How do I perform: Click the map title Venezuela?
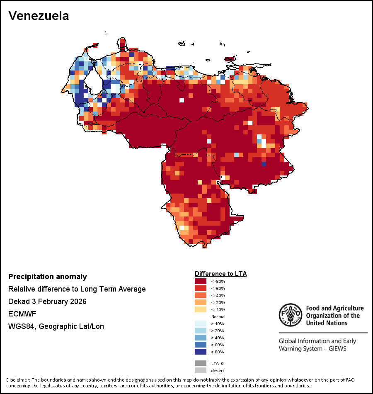click(39, 16)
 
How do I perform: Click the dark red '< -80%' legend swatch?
click(201, 281)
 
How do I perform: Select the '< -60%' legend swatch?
click(201, 288)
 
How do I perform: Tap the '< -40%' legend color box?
click(201, 295)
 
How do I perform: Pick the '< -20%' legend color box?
click(201, 302)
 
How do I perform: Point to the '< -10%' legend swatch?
click(201, 309)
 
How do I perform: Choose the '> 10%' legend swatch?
click(201, 323)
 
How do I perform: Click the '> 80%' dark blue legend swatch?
click(201, 352)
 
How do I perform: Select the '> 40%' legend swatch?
click(201, 338)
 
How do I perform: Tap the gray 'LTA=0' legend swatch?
click(201, 363)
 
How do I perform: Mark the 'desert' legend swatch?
click(201, 370)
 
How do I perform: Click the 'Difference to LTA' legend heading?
click(220, 274)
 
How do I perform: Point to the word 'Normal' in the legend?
click(218, 316)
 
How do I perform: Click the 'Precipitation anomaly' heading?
click(48, 277)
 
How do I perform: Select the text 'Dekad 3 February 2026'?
click(47, 302)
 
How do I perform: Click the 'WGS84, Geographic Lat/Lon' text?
click(56, 326)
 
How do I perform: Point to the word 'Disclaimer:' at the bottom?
click(18, 380)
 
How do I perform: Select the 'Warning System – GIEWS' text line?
click(312, 348)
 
